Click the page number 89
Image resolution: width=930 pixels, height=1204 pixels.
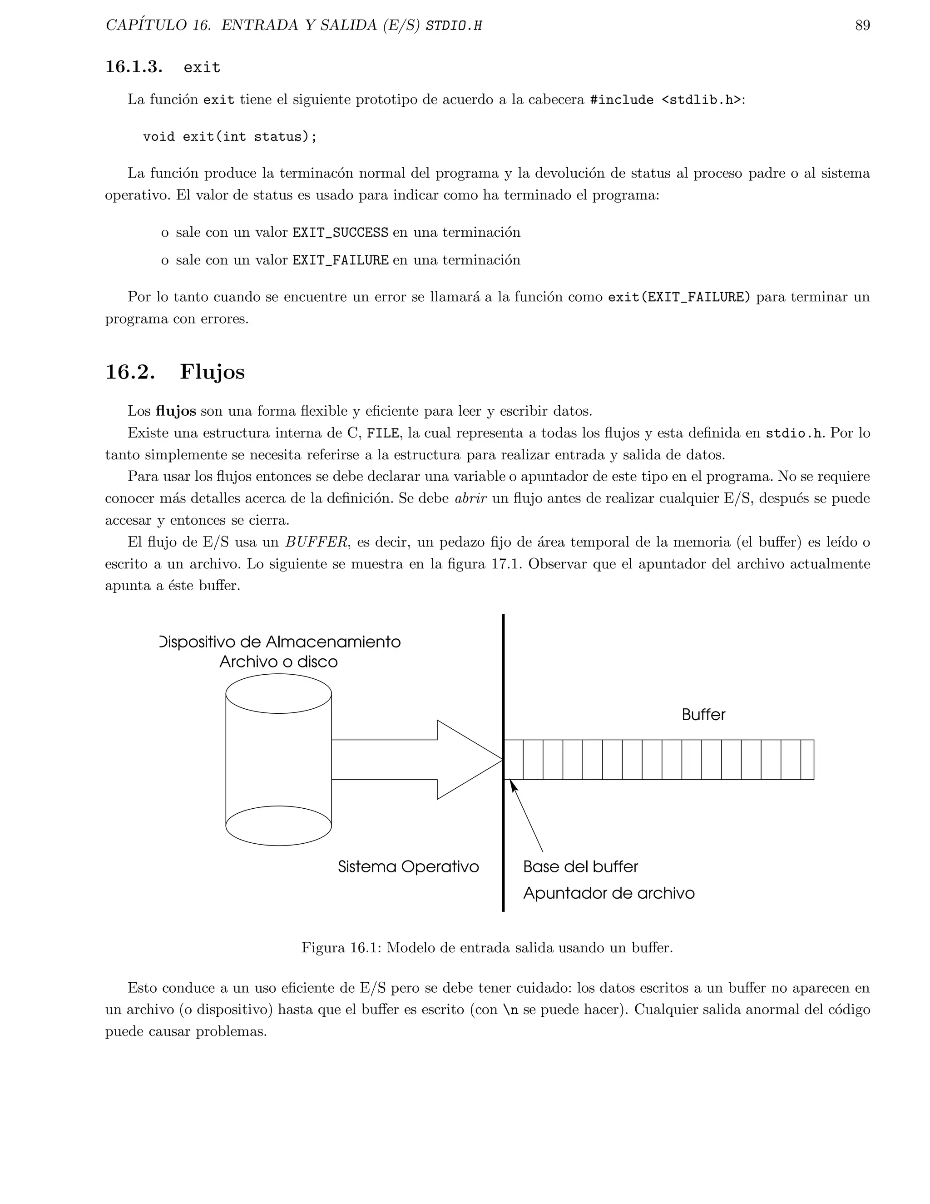(x=862, y=25)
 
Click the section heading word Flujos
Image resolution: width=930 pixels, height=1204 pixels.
(x=212, y=372)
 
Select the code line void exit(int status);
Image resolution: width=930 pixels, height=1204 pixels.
(x=230, y=137)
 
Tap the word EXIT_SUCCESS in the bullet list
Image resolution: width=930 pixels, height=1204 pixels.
(x=340, y=233)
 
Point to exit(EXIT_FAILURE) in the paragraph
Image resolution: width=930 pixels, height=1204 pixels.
(x=679, y=297)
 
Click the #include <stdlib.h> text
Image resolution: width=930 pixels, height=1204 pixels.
(x=665, y=100)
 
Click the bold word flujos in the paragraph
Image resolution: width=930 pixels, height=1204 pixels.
(x=176, y=411)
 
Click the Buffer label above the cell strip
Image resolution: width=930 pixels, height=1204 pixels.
(x=703, y=715)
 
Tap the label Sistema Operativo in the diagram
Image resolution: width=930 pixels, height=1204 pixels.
(x=408, y=867)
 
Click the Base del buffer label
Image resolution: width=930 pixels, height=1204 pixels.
(x=580, y=867)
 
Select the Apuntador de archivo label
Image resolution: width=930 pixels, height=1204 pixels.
(x=608, y=894)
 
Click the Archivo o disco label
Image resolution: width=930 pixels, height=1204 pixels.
(x=278, y=662)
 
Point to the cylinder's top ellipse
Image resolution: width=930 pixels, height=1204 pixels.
(x=278, y=693)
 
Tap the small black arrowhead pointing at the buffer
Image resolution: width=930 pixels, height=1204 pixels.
(x=514, y=785)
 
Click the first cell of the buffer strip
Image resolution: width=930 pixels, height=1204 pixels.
(x=514, y=760)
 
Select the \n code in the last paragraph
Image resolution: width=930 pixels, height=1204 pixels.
(x=510, y=1010)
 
